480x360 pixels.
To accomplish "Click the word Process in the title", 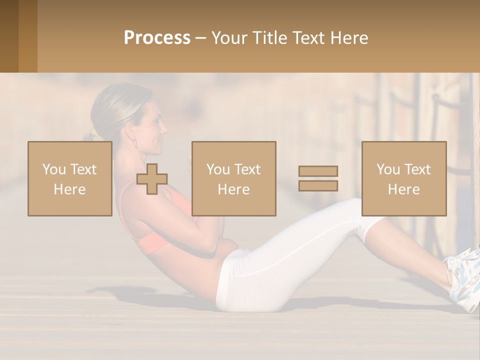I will pyautogui.click(x=157, y=38).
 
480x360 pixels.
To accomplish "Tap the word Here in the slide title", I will pyautogui.click(x=348, y=38).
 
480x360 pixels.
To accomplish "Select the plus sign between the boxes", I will pyautogui.click(x=152, y=179).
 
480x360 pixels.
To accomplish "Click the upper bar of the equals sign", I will pyautogui.click(x=318, y=171).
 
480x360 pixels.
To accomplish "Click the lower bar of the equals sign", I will pyautogui.click(x=318, y=185).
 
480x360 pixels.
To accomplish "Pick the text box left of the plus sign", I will pyautogui.click(x=70, y=178).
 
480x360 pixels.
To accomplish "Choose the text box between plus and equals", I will pyautogui.click(x=234, y=178).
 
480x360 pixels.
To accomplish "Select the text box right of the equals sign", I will pyautogui.click(x=404, y=178).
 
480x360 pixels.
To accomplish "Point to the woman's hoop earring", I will pyautogui.click(x=134, y=143).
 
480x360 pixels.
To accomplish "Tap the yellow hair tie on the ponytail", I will pyautogui.click(x=93, y=133).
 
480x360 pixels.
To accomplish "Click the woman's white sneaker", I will pyautogui.click(x=464, y=280).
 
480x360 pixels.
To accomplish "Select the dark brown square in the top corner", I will pyautogui.click(x=9, y=36).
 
